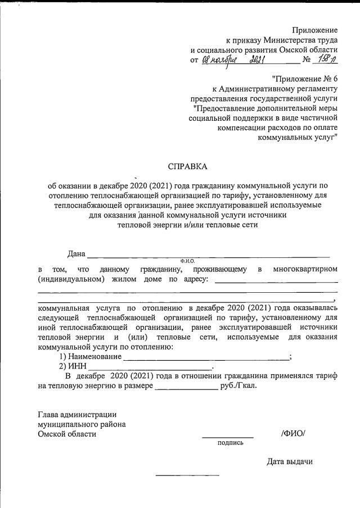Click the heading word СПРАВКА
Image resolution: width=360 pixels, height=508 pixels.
pos(188,166)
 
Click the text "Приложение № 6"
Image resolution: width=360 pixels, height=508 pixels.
pos(304,78)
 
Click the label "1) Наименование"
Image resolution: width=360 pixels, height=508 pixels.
pos(91,357)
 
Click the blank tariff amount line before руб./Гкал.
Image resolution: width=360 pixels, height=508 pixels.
pos(186,388)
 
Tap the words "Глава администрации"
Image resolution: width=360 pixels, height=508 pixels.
pos(76,414)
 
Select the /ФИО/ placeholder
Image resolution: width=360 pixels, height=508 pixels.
pos(292,433)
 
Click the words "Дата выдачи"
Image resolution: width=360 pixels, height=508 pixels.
pos(289,461)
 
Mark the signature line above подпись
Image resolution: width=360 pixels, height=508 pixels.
pos(228,437)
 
